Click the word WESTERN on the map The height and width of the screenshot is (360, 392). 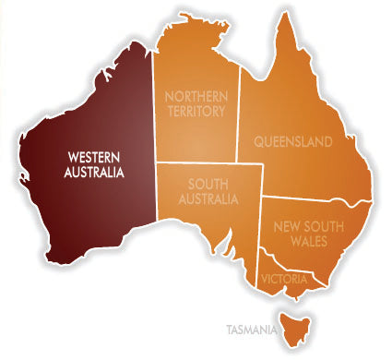click(x=91, y=156)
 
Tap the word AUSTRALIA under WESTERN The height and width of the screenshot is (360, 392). click(x=91, y=172)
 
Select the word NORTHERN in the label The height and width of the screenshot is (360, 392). click(x=196, y=95)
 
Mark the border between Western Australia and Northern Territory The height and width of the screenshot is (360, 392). click(x=153, y=111)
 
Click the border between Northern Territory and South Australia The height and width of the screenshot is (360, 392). click(x=198, y=163)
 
